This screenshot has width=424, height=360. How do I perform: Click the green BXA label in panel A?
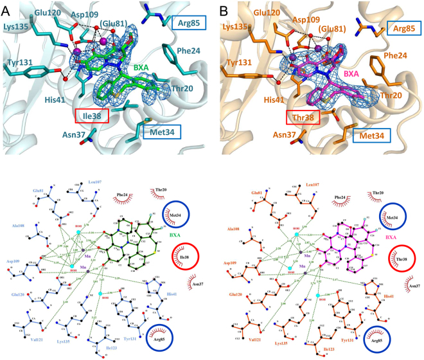142,67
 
